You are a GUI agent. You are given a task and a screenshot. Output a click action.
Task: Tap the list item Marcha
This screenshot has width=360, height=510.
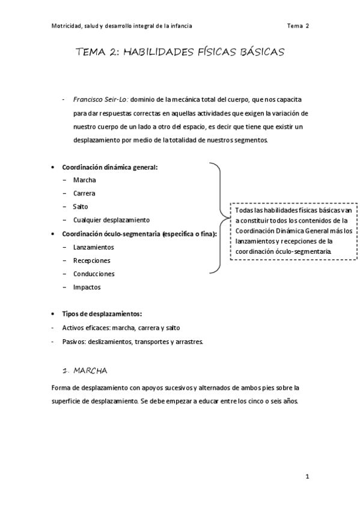click(x=84, y=180)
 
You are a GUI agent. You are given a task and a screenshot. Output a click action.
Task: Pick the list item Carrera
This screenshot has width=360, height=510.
click(x=84, y=193)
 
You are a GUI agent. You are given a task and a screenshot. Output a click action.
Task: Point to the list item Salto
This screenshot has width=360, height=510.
click(x=81, y=206)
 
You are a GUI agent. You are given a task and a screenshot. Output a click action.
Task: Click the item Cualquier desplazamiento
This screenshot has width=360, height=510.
click(x=111, y=220)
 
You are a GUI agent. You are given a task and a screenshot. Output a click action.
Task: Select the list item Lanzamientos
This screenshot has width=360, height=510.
click(x=93, y=247)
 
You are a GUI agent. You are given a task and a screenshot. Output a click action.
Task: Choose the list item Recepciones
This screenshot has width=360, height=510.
click(x=91, y=260)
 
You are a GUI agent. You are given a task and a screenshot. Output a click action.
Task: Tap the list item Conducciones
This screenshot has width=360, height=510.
click(x=94, y=274)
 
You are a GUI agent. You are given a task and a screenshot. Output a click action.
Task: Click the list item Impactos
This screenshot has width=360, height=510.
click(x=87, y=287)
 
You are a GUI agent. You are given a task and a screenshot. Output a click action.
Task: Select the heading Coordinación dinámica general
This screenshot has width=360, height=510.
click(x=110, y=167)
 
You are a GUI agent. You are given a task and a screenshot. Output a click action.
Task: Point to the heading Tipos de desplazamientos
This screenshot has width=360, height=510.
click(x=102, y=314)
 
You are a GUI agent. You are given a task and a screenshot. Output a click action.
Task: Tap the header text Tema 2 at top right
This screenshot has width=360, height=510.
click(x=297, y=26)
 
